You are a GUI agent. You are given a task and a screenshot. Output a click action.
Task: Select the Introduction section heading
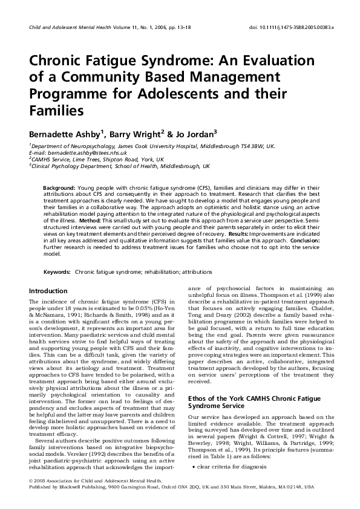click(48, 291)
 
